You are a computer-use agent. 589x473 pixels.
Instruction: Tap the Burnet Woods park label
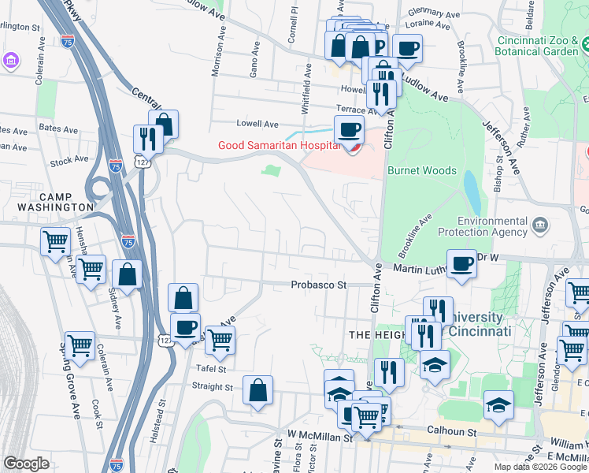pyautogui.click(x=422, y=170)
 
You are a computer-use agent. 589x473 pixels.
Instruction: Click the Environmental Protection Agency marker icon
pyautogui.click(x=540, y=227)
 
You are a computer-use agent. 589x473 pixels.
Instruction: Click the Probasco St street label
pyautogui.click(x=318, y=285)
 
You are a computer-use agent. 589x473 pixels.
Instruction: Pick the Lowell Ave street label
pyautogui.click(x=258, y=124)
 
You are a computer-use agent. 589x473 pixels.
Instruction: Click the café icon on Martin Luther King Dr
pyautogui.click(x=462, y=263)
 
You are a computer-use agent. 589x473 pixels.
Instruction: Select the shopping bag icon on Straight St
pyautogui.click(x=258, y=390)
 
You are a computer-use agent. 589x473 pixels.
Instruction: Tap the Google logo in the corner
pyautogui.click(x=26, y=464)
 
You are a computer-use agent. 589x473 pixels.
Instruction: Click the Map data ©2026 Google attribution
pyautogui.click(x=540, y=467)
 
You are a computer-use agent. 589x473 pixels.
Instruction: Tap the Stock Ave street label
pyautogui.click(x=69, y=161)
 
